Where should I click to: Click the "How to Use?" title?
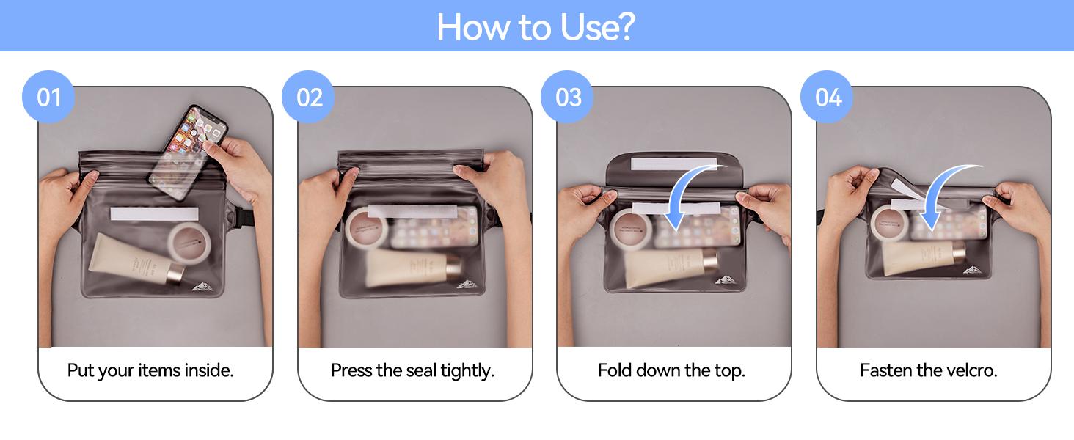click(x=536, y=27)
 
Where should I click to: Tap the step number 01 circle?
click(x=48, y=97)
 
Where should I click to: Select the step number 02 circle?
click(x=308, y=97)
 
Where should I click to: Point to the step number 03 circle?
click(x=567, y=97)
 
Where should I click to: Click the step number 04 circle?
click(x=827, y=97)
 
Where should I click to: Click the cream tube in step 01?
click(x=136, y=260)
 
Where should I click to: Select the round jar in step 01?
click(x=189, y=243)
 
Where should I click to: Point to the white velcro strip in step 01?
click(x=154, y=214)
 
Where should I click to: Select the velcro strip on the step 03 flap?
click(x=673, y=164)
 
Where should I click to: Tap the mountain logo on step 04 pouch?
click(x=972, y=271)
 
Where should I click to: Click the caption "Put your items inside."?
click(x=150, y=370)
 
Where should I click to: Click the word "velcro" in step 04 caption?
click(x=968, y=370)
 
